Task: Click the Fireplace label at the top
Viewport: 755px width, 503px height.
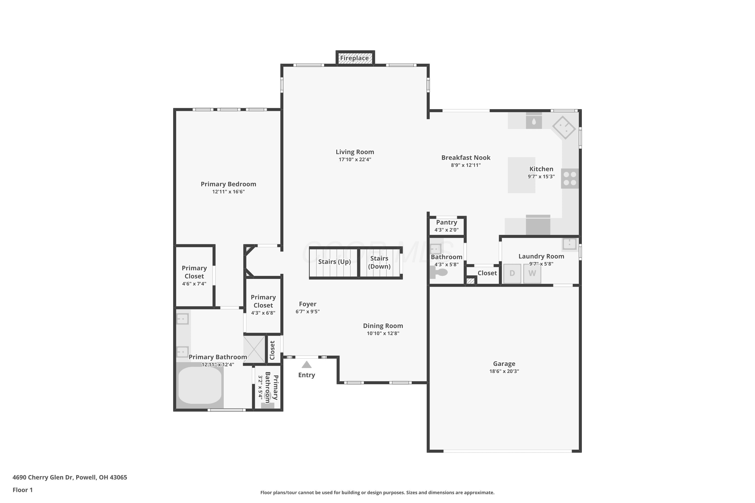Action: [354, 58]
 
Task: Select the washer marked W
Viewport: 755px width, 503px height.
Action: [532, 273]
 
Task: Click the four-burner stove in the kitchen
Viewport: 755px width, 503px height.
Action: [570, 178]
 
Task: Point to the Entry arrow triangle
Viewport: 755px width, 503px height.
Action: [307, 364]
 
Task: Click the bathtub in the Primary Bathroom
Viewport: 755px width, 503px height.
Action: [200, 385]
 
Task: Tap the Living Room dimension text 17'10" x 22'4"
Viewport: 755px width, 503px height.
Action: [355, 159]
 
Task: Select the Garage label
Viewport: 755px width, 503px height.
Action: [504, 363]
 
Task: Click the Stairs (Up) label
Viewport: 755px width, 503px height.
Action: [334, 262]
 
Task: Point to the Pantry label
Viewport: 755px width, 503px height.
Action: [446, 222]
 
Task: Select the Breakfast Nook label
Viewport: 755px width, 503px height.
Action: [466, 157]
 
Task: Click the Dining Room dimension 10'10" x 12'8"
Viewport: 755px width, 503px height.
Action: [383, 333]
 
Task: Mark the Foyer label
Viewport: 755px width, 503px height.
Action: [308, 304]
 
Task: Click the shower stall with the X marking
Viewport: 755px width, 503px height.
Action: [254, 349]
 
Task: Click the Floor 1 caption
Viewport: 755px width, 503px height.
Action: [22, 490]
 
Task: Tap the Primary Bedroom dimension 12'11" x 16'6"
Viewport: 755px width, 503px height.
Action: [228, 192]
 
